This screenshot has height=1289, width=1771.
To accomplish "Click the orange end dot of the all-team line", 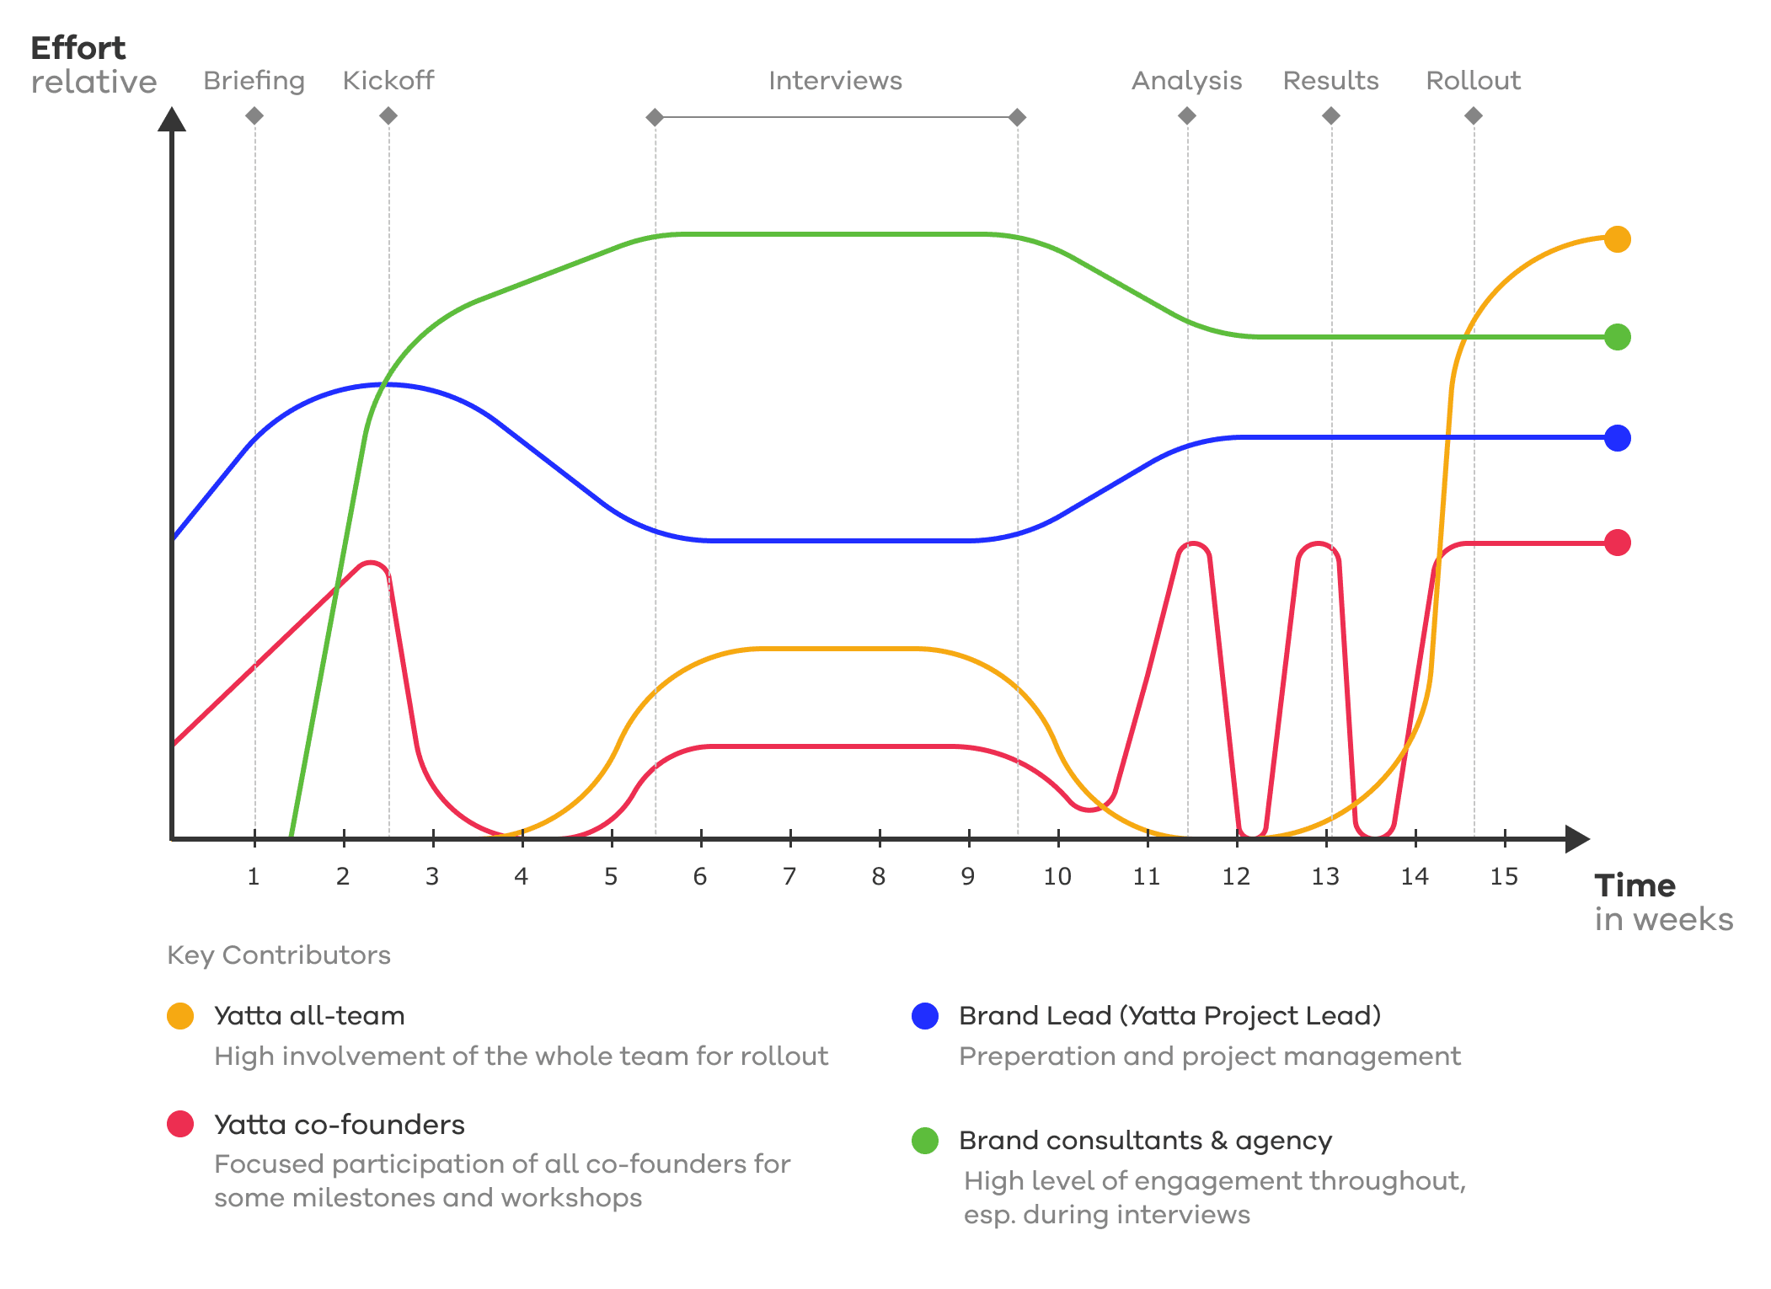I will (1617, 239).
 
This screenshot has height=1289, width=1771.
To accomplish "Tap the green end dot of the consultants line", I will (1617, 337).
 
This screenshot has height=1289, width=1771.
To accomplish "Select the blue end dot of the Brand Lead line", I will (1617, 438).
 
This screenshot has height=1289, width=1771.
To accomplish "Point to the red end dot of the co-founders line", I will (1617, 543).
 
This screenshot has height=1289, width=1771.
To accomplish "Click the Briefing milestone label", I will (254, 81).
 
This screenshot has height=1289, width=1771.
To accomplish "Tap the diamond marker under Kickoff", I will (388, 115).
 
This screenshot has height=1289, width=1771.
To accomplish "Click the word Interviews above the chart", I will (835, 81).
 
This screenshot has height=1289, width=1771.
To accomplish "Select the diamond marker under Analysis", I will (1187, 115).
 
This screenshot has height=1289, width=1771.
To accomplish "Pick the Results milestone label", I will (1330, 81).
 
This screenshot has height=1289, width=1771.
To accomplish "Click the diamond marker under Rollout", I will (1474, 115).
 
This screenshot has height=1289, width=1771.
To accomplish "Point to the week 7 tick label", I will (789, 877).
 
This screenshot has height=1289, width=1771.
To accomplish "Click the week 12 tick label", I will (1236, 877).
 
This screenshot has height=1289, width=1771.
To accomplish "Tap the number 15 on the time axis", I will (1504, 877).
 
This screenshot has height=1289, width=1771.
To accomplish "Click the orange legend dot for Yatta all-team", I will (180, 1016).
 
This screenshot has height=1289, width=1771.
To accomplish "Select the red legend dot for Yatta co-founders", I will (180, 1124).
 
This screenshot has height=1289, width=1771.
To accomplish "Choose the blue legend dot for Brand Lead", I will (925, 1016).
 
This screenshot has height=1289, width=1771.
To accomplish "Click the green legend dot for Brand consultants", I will (925, 1141).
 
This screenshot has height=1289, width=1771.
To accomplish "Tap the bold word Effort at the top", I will (78, 49).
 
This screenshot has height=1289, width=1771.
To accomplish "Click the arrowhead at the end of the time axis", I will (1576, 839).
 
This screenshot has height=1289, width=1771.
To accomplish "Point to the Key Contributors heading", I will (279, 955).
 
